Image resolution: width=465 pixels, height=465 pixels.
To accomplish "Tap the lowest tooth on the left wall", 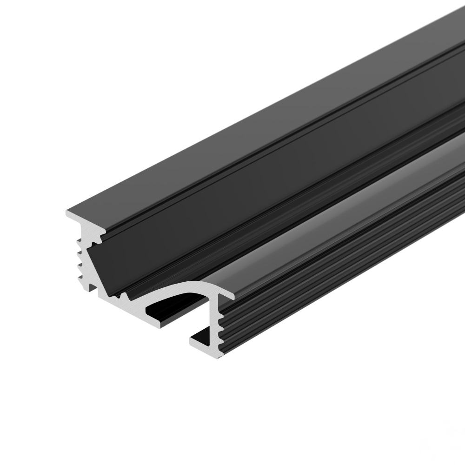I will click(x=80, y=278).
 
